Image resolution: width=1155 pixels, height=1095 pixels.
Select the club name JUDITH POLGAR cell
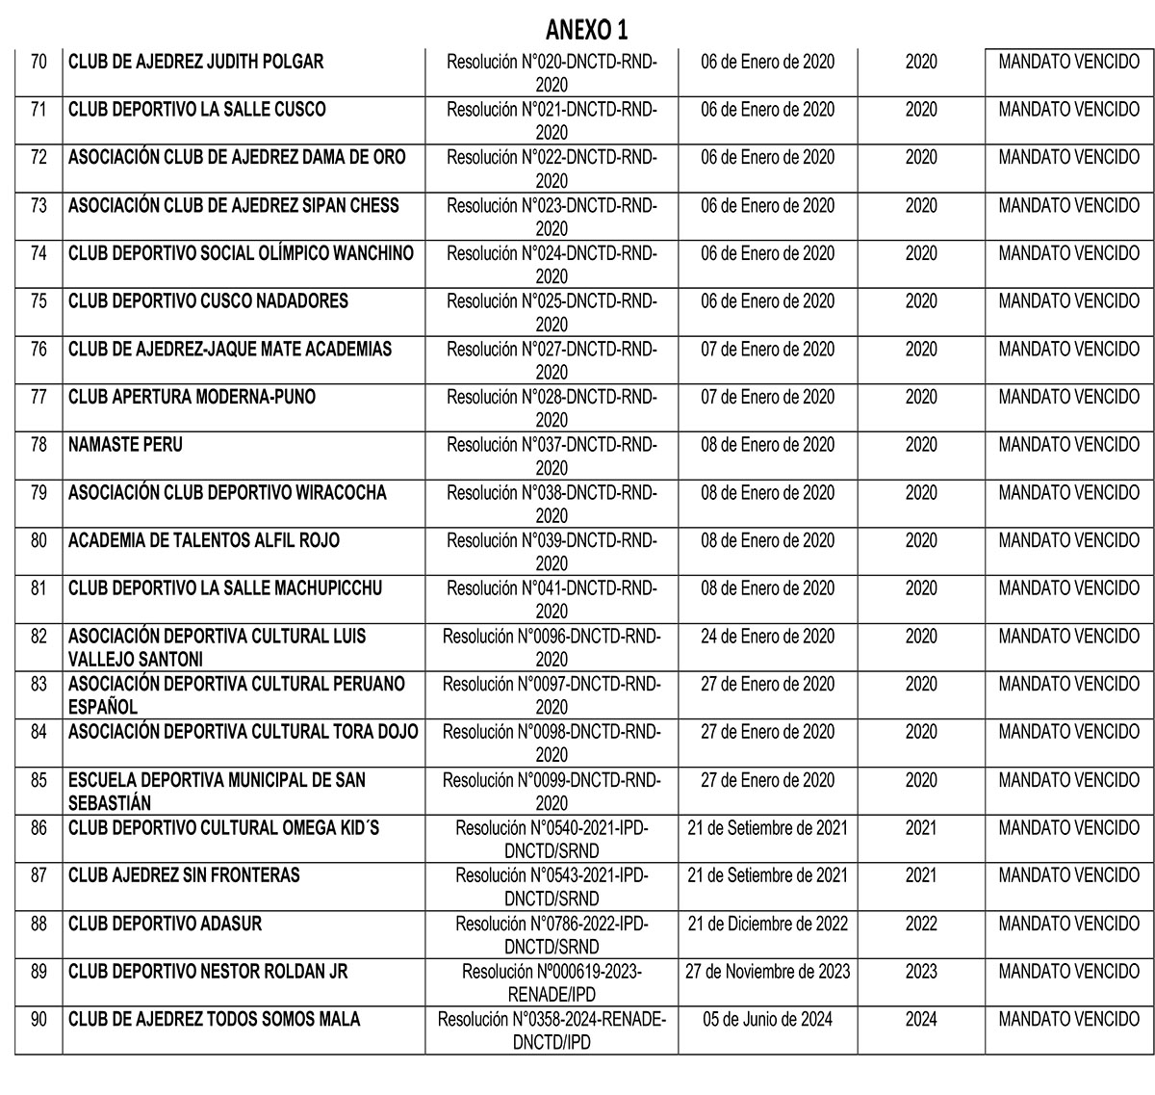195,62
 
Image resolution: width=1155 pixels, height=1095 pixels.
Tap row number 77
38,397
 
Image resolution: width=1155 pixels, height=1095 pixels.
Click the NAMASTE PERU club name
125,445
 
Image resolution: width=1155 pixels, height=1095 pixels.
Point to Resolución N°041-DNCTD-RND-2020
552,599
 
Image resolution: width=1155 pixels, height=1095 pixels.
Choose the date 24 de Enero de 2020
767,637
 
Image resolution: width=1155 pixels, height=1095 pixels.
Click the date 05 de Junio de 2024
767,1019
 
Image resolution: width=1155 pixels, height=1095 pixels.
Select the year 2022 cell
921,924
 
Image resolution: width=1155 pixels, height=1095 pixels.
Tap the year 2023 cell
921,972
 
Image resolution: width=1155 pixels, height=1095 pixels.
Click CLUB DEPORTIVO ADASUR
165,924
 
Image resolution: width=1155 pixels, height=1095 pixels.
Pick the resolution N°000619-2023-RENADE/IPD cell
552,982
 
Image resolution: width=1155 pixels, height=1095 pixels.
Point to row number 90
38,1019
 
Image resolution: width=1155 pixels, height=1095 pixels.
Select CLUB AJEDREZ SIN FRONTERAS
184,875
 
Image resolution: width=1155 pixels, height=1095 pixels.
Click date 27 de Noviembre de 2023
767,972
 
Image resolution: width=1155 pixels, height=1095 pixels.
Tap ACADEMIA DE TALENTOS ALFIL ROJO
204,540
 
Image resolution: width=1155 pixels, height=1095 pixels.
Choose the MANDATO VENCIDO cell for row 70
1068,62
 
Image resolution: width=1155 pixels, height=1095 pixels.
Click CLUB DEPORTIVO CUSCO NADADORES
208,301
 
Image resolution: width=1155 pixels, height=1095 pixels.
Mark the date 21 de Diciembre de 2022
767,924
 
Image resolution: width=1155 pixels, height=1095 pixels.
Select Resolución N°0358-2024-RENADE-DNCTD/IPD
552,1030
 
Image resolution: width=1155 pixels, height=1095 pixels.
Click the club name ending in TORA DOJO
244,732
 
